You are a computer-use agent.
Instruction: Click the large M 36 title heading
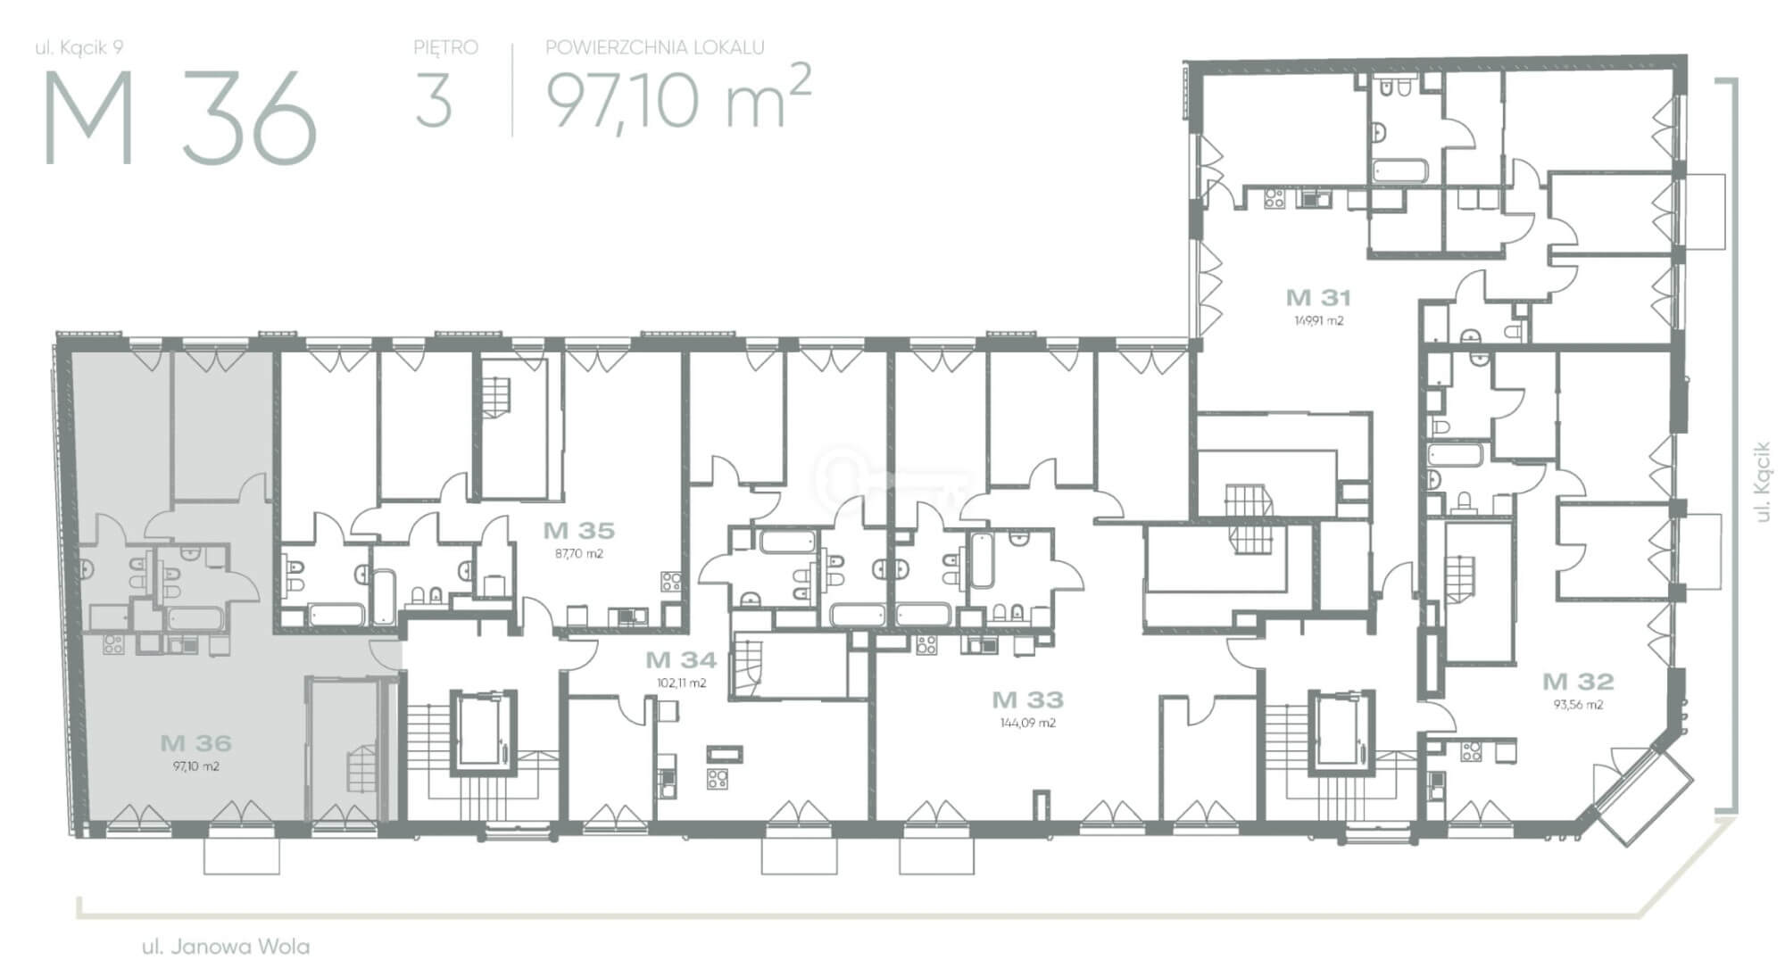[x=179, y=118]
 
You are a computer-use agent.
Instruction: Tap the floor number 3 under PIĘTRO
[x=434, y=101]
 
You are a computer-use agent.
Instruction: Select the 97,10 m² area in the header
[x=678, y=98]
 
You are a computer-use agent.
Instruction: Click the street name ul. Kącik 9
[x=79, y=48]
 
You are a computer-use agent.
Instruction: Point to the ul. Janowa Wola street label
[x=226, y=946]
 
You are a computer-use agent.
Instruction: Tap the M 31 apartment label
[x=1318, y=297]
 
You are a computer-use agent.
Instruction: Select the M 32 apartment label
[x=1578, y=682]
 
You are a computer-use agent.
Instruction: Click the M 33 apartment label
[x=1027, y=699]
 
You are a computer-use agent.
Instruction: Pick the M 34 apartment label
[x=681, y=660]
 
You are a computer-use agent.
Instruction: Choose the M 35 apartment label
[x=579, y=531]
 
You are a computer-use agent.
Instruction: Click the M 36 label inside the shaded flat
[x=196, y=742]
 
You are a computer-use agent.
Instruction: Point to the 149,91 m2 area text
[x=1318, y=321]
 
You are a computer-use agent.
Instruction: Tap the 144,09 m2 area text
[x=1028, y=723]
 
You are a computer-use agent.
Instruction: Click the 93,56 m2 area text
[x=1578, y=704]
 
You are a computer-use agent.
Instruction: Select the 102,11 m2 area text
[x=681, y=683]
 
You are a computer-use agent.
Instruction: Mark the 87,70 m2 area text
[x=579, y=553]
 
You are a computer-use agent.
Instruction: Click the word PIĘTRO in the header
[x=445, y=47]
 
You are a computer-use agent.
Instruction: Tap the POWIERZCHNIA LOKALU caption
[x=654, y=47]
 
